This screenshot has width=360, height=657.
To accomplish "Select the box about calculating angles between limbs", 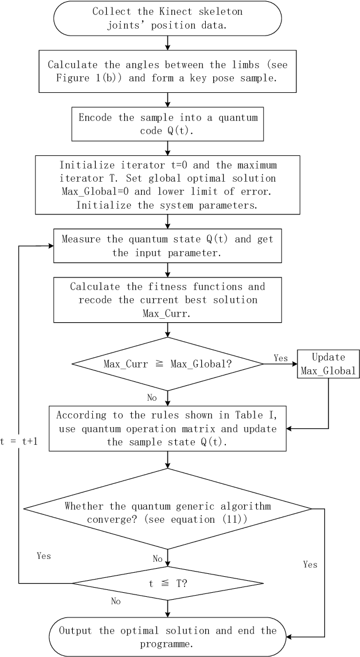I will pos(167,72).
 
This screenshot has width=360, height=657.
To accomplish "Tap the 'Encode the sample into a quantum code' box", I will pos(167,123).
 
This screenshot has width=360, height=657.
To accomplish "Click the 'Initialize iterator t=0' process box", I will pos(167,185).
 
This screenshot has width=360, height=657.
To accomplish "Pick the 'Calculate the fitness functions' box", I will pos(167,299).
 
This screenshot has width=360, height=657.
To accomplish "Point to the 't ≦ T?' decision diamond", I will pos(167,583).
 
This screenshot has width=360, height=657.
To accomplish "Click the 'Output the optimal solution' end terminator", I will pos(167,636).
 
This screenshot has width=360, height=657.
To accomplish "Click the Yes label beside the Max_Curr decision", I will pos(281,358).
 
